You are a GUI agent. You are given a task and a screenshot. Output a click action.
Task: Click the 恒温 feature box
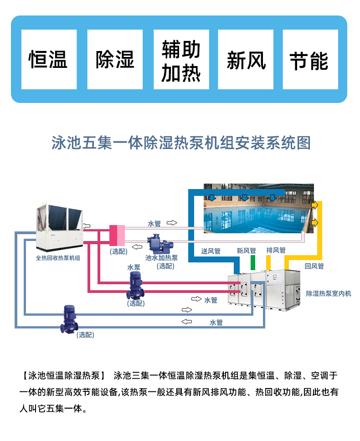point(49,60)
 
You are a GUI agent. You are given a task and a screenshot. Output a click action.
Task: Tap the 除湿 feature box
point(115,60)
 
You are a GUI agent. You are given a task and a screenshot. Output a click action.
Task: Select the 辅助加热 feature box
point(181,60)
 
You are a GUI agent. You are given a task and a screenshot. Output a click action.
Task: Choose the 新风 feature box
point(246,60)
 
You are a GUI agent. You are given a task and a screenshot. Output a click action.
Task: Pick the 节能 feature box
point(310,60)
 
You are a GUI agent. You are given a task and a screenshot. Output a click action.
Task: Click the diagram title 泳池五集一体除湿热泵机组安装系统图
point(181,143)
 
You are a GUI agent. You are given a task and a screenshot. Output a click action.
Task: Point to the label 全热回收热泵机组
point(58,258)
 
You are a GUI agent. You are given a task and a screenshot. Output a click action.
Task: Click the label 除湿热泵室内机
point(329,293)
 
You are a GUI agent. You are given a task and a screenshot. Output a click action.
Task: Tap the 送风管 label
point(211,251)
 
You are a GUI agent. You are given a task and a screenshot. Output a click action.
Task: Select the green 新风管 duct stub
point(253,263)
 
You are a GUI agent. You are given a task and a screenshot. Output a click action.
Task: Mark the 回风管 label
point(314,266)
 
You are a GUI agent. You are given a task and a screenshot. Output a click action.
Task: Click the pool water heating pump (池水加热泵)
point(157,243)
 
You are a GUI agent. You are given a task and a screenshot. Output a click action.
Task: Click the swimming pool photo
point(258,208)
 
